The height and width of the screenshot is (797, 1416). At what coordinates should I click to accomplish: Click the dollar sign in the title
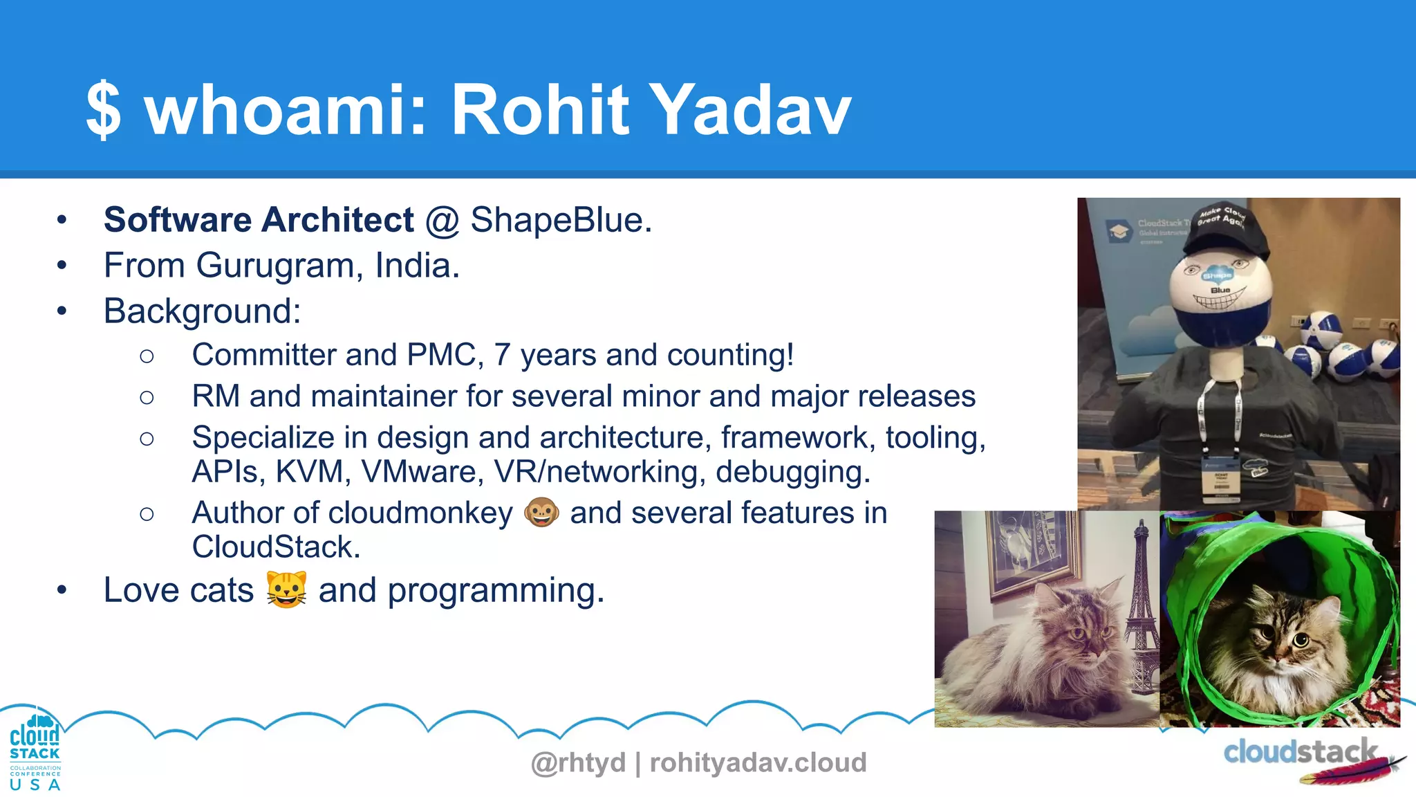click(x=104, y=110)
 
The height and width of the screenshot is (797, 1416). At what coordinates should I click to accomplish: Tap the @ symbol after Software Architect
click(x=442, y=221)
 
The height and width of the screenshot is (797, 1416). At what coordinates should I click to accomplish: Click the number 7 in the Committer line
click(x=502, y=355)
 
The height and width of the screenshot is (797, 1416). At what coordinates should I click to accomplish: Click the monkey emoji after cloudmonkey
click(x=541, y=513)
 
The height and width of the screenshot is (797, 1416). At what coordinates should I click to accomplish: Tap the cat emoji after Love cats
click(x=286, y=590)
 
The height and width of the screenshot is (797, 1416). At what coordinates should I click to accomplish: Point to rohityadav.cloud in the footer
click(x=758, y=762)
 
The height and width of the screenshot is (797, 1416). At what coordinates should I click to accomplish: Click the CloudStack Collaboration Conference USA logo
click(x=35, y=753)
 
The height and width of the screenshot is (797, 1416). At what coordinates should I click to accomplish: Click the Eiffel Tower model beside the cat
click(x=1142, y=609)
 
